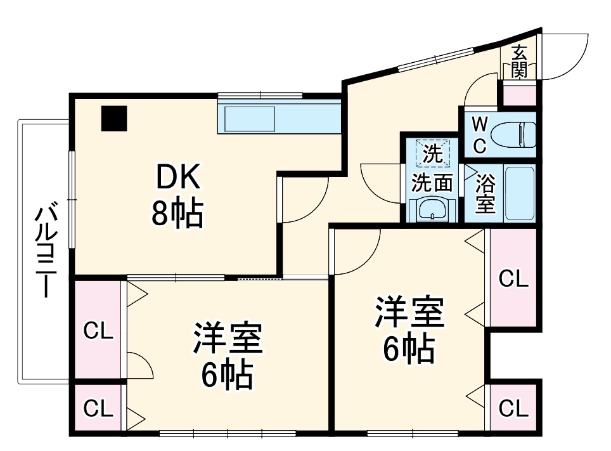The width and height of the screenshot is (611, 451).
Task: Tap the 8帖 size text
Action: [177, 215]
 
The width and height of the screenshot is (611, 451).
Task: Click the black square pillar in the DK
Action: [114, 119]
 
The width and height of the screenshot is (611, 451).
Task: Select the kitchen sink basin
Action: [248, 119]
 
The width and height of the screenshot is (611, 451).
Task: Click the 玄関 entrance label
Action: [519, 62]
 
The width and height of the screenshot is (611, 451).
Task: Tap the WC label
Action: [480, 134]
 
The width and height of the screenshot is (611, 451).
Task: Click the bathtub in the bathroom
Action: [520, 193]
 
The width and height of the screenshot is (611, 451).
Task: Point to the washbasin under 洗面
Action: [432, 209]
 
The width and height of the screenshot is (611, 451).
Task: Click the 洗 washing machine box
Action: [432, 153]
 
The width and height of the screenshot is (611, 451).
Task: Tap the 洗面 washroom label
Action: [432, 183]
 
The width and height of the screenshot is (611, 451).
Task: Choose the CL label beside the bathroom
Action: [513, 278]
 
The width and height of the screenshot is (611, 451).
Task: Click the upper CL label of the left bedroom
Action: [99, 330]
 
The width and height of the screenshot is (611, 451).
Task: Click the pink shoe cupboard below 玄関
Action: [519, 94]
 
